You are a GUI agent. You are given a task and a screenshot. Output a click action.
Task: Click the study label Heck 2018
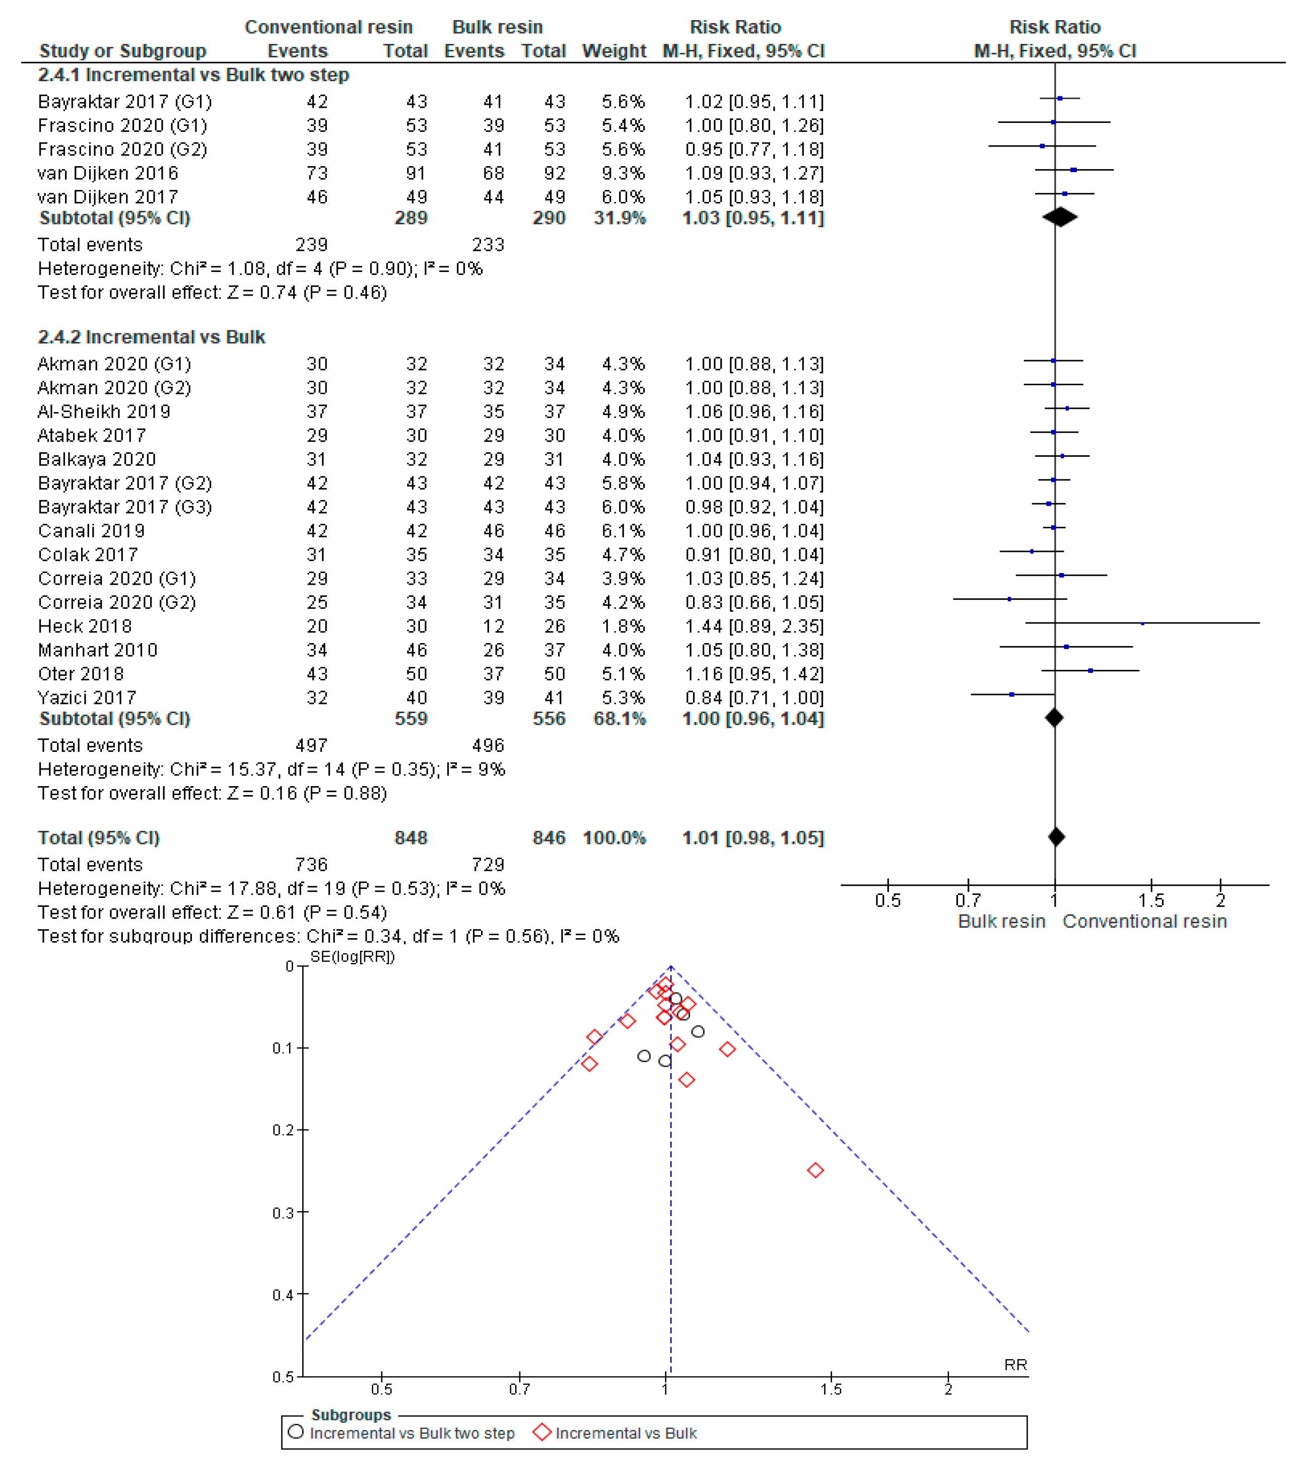tap(85, 626)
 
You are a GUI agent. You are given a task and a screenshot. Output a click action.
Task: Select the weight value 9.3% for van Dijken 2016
tap(623, 173)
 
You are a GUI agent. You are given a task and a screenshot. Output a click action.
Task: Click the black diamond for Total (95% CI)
tap(1056, 837)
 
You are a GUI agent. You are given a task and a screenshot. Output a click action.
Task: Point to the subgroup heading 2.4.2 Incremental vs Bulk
tap(151, 337)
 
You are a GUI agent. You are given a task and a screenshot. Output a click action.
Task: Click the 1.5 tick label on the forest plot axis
tap(1151, 900)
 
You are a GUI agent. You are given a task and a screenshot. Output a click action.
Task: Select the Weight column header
tap(614, 51)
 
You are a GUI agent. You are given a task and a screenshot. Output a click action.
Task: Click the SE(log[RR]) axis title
tap(352, 956)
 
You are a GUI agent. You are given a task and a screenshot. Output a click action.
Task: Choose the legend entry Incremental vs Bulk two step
tap(412, 1433)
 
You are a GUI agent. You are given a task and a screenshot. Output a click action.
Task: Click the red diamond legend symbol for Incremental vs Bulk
tap(542, 1432)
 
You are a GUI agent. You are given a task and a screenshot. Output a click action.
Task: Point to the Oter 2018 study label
tap(81, 674)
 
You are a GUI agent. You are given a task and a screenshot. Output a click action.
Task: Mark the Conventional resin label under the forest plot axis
tap(1144, 922)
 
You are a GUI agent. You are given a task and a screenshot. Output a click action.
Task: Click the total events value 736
tap(311, 865)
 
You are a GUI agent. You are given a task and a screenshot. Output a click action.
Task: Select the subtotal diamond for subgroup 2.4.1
tap(1060, 217)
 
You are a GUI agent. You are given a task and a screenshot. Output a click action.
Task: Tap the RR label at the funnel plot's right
tap(1015, 1365)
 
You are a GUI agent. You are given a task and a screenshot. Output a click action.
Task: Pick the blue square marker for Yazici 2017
tap(1012, 694)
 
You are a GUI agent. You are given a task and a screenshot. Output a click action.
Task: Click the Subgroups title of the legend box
tap(351, 1415)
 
